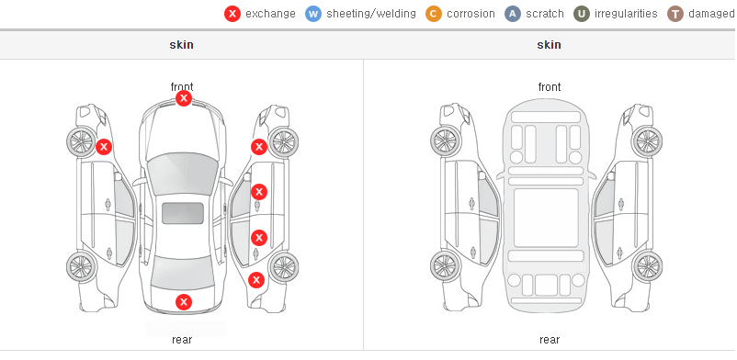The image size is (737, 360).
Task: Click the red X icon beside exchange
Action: tap(232, 14)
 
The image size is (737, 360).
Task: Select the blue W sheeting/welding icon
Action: tap(313, 14)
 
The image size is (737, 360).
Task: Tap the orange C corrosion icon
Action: tap(434, 14)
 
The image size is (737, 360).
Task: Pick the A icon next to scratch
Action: tap(513, 14)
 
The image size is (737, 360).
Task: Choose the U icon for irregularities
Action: tap(582, 14)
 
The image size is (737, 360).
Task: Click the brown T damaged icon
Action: tap(675, 14)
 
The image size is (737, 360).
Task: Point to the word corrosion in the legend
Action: tap(471, 14)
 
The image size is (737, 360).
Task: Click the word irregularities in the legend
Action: tap(626, 14)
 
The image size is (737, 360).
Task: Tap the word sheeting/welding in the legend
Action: tap(371, 14)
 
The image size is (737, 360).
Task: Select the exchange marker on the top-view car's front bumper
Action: tap(184, 98)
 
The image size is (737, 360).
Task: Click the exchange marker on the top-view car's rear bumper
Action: tap(184, 302)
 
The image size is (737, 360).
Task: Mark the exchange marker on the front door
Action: tap(259, 192)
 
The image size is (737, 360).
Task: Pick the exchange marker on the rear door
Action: tap(259, 238)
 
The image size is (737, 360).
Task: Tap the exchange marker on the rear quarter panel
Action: tap(256, 281)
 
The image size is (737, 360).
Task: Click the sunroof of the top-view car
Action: tap(183, 213)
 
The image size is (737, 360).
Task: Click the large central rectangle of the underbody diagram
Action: tap(546, 218)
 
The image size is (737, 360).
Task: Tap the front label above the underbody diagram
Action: tap(550, 87)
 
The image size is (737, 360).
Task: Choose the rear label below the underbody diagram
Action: tap(550, 340)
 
